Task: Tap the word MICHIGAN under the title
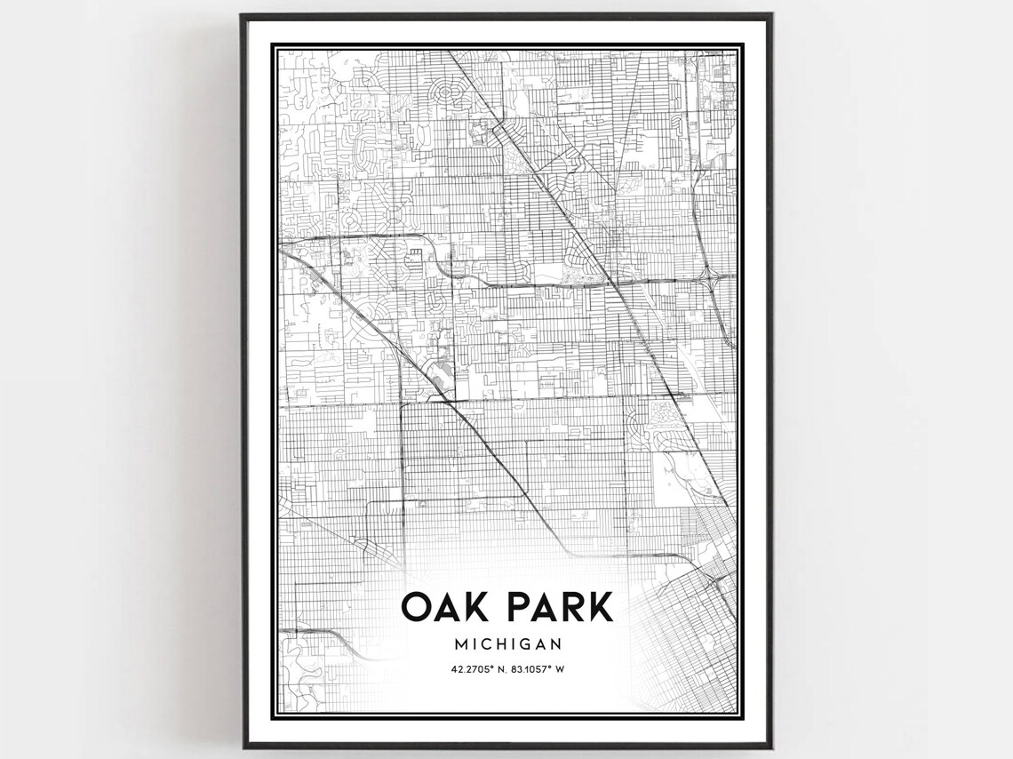point(506,643)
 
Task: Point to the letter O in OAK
point(415,607)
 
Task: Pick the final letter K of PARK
point(600,607)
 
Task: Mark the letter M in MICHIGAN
point(458,643)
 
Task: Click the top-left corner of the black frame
point(242,15)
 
